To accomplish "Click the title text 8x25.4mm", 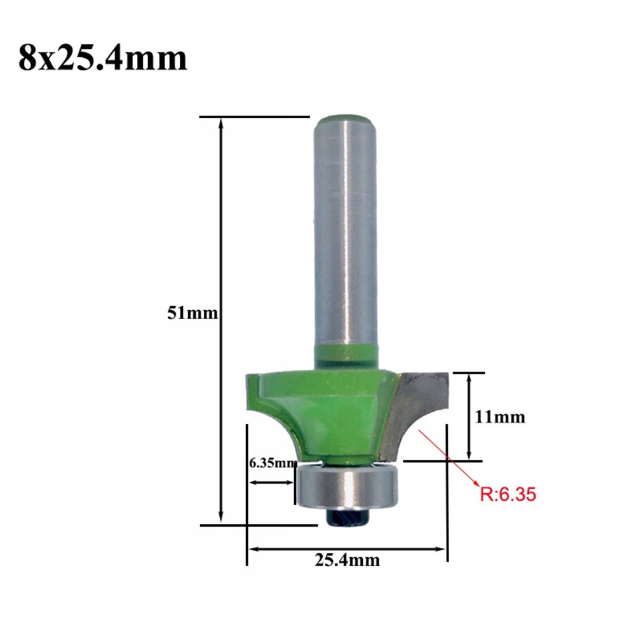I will point(102,58).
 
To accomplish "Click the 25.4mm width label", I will point(347,560).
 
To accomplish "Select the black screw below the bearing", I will point(347,517).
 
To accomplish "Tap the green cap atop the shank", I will point(346,121).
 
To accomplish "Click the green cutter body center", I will point(337,413).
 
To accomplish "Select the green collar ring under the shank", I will point(347,356).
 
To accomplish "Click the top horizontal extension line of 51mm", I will point(254,117).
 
